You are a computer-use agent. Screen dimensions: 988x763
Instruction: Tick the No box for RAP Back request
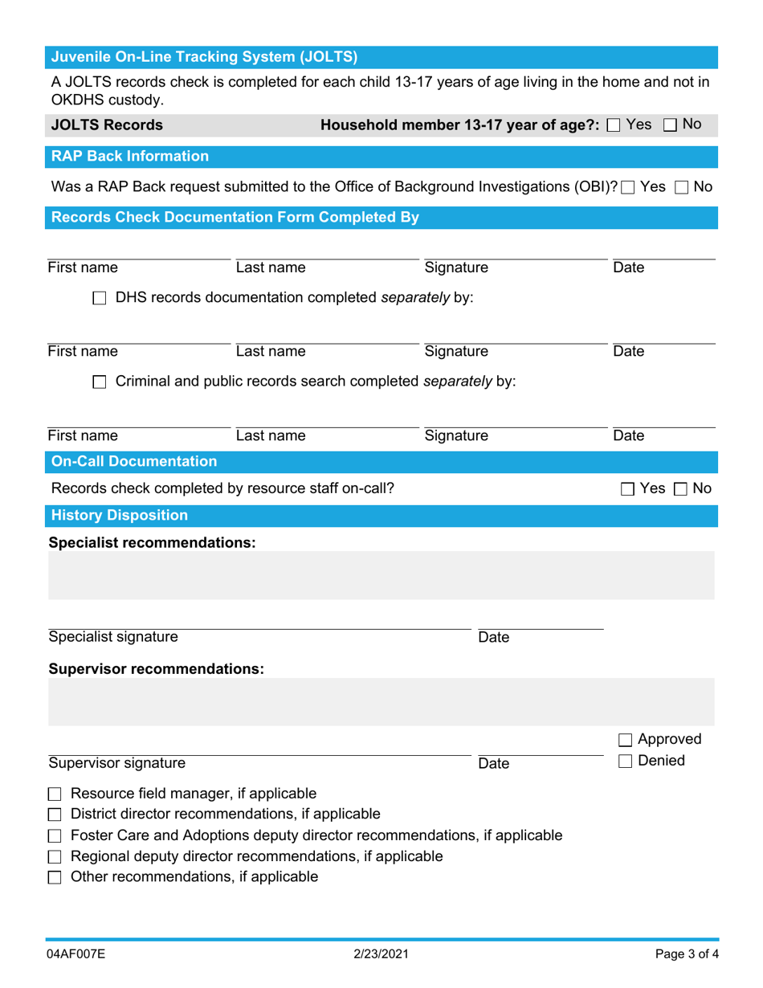(682, 187)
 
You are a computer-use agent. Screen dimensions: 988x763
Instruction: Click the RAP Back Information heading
(129, 156)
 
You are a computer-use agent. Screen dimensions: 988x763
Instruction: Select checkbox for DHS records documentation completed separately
(100, 299)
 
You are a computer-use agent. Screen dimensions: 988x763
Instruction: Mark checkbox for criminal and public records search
(100, 383)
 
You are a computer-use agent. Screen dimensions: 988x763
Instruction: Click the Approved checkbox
(626, 740)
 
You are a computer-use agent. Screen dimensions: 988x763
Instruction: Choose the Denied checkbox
(626, 761)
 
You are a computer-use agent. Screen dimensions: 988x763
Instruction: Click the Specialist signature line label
(113, 638)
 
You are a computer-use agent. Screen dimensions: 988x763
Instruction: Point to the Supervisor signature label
(116, 763)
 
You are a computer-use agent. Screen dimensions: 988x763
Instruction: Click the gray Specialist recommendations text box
(381, 575)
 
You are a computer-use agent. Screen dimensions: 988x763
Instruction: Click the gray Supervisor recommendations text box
(381, 702)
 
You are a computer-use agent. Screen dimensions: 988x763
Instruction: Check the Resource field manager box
(55, 795)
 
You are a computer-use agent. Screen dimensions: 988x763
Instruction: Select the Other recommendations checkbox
(55, 876)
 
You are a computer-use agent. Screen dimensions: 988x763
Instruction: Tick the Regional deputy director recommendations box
(55, 856)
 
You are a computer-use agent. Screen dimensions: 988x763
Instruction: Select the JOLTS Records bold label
(107, 125)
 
